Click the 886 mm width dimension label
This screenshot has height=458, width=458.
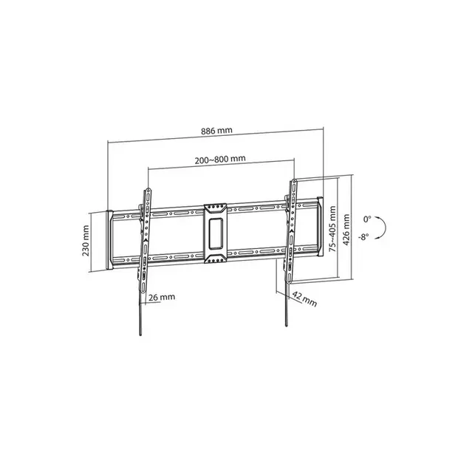click(x=216, y=131)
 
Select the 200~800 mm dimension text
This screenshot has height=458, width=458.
click(x=220, y=160)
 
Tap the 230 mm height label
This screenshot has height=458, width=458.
click(x=86, y=241)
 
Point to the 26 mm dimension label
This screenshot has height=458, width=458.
click(x=162, y=298)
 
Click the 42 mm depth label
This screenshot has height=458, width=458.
click(x=304, y=299)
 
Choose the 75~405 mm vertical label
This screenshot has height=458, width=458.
click(x=332, y=229)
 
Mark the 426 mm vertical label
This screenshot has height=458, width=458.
click(x=346, y=230)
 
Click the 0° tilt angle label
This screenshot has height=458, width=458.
click(x=367, y=219)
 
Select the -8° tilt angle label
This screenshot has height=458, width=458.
click(x=363, y=236)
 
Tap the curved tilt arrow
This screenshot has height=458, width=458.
click(x=386, y=228)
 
